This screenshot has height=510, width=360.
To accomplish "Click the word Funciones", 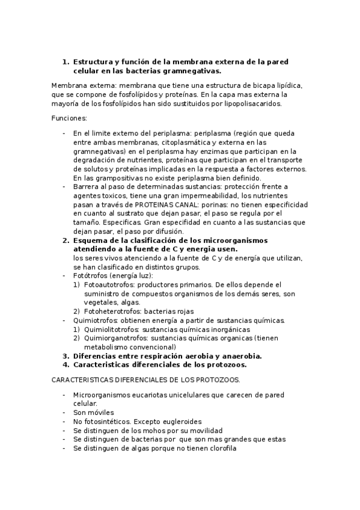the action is (69, 118).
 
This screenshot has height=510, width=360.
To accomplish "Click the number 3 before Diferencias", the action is (66, 355).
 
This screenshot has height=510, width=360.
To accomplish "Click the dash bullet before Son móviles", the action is (64, 413).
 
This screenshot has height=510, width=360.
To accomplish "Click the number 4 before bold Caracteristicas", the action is (66, 364).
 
